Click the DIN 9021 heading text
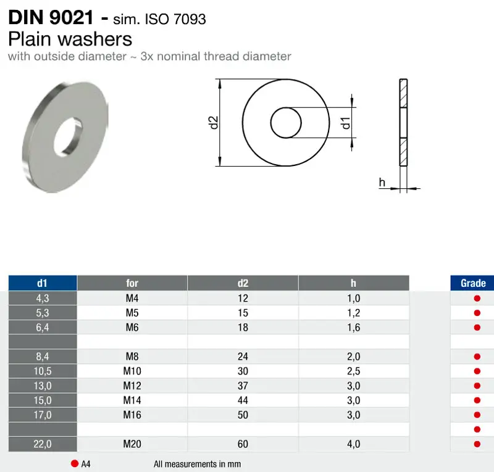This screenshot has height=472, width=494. coord(51,17)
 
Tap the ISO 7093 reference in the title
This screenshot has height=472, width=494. coord(175,19)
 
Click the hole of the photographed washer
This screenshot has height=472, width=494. coord(68,136)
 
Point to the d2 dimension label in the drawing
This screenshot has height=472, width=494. coord(214,123)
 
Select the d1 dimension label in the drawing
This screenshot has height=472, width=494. coord(346,123)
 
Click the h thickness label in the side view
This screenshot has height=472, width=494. coord(382,182)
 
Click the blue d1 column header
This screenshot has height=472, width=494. coord(43,283)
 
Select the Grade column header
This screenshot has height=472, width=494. coord(472,283)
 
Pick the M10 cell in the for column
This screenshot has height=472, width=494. coord(132,371)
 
